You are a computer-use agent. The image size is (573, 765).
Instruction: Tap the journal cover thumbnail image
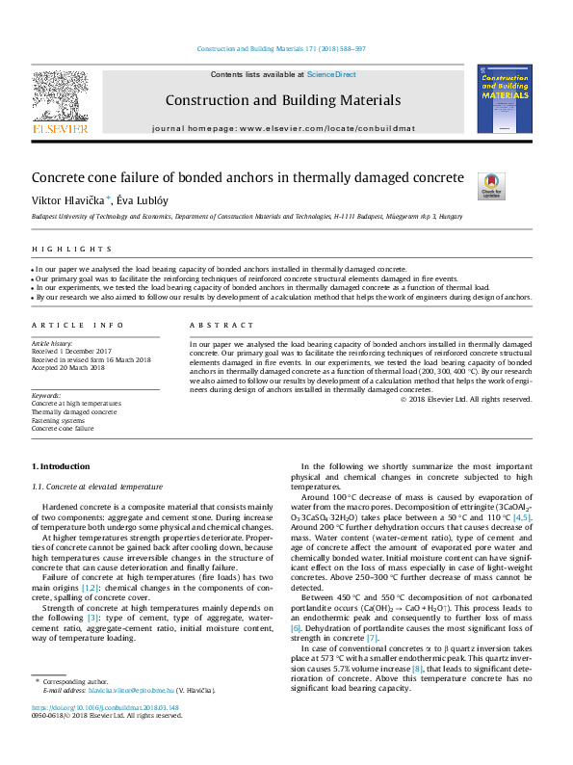click(x=505, y=97)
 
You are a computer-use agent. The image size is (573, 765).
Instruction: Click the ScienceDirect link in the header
click(x=331, y=74)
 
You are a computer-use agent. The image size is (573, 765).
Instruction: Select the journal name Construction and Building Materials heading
click(x=283, y=100)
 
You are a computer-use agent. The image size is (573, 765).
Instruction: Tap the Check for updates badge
click(x=490, y=184)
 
